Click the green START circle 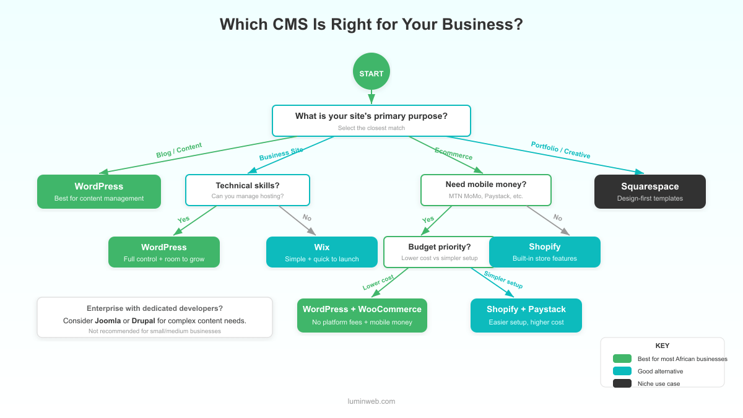pyautogui.click(x=371, y=72)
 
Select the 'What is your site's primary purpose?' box pyautogui.click(x=371, y=121)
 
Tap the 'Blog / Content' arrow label pyautogui.click(x=179, y=150)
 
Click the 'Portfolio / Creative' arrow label pyautogui.click(x=560, y=150)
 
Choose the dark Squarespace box pyautogui.click(x=650, y=191)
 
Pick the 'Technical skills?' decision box pyautogui.click(x=248, y=190)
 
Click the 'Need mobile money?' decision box pyautogui.click(x=485, y=189)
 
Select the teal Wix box pyautogui.click(x=321, y=252)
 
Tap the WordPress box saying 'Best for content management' pyautogui.click(x=99, y=191)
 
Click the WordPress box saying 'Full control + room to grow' pyautogui.click(x=164, y=252)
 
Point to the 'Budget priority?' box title pyautogui.click(x=439, y=247)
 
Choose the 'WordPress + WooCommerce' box pyautogui.click(x=362, y=315)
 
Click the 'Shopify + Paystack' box pyautogui.click(x=526, y=315)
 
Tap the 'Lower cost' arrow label pyautogui.click(x=378, y=282)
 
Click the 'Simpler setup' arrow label pyautogui.click(x=503, y=280)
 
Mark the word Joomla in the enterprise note pyautogui.click(x=108, y=321)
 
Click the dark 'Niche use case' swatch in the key pyautogui.click(x=622, y=384)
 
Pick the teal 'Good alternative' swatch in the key pyautogui.click(x=622, y=372)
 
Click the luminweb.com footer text pyautogui.click(x=371, y=401)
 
